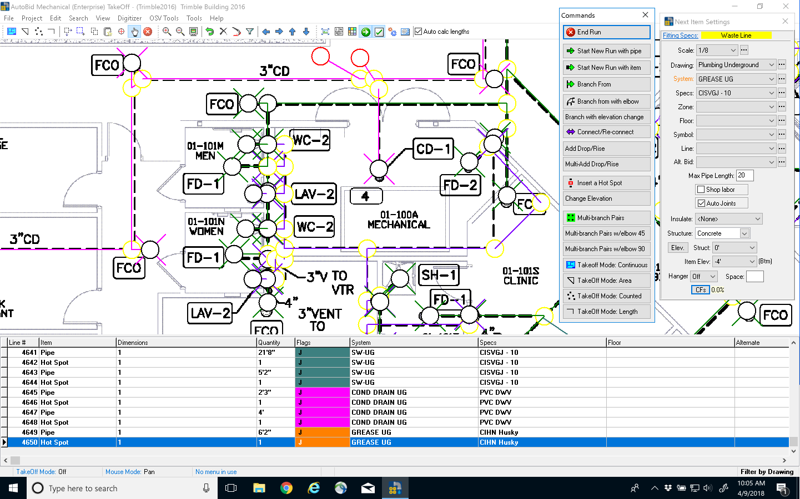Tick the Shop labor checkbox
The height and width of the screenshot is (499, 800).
tap(701, 190)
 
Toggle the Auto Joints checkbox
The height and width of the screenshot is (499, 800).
tap(701, 203)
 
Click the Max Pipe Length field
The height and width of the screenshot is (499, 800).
tap(744, 176)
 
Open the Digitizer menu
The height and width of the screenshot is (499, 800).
tap(129, 18)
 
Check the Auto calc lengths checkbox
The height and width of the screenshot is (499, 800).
tap(419, 32)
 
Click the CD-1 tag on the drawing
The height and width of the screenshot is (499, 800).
tap(434, 149)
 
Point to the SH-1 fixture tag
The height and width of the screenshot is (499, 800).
tap(439, 275)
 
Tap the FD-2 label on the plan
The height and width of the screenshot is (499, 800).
tap(460, 186)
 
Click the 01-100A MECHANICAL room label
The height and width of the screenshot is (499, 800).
tap(399, 220)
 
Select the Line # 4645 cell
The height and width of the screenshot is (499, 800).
tap(23, 393)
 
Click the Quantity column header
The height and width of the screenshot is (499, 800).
tap(275, 343)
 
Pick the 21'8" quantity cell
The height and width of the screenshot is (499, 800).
tap(275, 353)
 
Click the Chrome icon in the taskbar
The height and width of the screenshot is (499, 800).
tap(286, 488)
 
